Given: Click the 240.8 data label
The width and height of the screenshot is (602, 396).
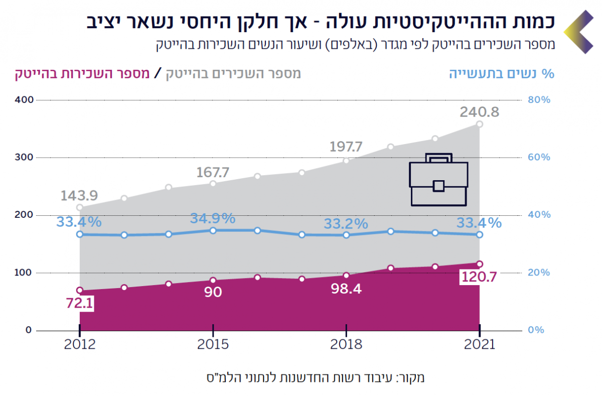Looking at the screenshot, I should pos(480,112).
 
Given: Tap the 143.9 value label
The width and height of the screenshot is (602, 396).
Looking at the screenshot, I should pos(79,195).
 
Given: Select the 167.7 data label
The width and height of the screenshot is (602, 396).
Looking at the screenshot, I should pos(213,173).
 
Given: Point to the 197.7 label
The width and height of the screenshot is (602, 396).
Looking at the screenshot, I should pos(346,147).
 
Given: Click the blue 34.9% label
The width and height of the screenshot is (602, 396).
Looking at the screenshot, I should pos(213,218).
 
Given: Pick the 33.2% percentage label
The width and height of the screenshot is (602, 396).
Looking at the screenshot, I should pos(346,223).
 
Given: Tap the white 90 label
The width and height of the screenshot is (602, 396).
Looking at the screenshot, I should pos(213,292).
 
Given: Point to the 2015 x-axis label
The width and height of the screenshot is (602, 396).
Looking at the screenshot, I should pos(213,345).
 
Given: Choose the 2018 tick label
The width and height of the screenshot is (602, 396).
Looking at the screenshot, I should pos(346,345).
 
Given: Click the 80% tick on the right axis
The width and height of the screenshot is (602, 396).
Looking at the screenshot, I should pos(539,100).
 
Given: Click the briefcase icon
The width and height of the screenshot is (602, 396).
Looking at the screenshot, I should pos(438,179).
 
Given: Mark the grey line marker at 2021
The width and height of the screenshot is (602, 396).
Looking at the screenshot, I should pos(480,124).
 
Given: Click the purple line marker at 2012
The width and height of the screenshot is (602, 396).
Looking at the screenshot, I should pos(80,290).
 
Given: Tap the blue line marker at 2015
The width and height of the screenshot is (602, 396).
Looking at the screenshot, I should pos(213,230).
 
